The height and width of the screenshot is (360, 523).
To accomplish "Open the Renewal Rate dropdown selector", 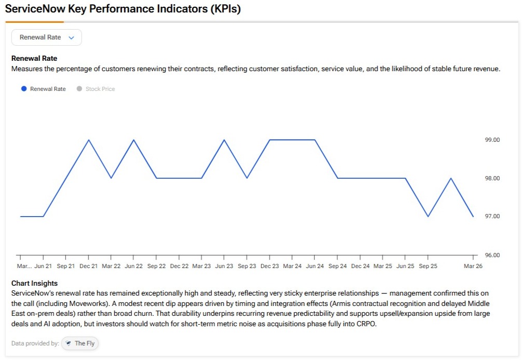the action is [x=46, y=37].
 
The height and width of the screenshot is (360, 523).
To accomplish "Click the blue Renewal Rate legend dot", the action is [x=24, y=89].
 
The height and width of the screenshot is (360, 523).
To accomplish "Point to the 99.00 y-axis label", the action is [x=492, y=140].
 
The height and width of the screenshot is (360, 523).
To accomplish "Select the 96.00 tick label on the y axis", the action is [x=492, y=255].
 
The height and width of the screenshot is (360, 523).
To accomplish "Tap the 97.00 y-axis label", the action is [x=492, y=216].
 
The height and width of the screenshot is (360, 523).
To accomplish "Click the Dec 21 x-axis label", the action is [x=88, y=266].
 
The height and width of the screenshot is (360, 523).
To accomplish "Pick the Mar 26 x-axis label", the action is [x=473, y=266].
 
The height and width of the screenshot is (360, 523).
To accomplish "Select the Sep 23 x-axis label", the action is [x=247, y=266].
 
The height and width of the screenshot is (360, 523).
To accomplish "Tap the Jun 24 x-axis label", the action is [x=315, y=266].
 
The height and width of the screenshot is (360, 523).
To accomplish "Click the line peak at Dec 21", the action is [x=89, y=140].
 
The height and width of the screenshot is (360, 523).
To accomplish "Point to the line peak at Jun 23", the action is [x=224, y=140].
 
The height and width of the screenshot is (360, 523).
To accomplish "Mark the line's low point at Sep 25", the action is [x=428, y=217].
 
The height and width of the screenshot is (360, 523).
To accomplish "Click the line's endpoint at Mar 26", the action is [x=473, y=217].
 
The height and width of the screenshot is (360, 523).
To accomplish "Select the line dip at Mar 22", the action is [x=111, y=178].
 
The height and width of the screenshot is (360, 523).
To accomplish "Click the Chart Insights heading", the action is [x=34, y=283].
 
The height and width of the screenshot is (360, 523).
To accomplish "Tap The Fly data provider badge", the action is [x=79, y=343].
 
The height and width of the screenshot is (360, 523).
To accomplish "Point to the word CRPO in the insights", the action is [x=366, y=324].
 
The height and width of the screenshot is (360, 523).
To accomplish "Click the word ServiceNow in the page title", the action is [x=35, y=9].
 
